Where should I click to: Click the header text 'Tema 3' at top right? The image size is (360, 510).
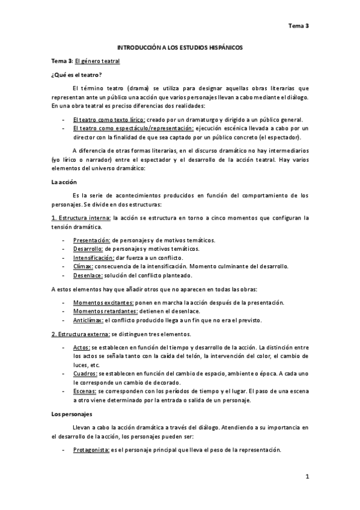[x=298, y=26]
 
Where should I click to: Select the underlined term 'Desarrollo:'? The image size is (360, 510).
[x=88, y=248]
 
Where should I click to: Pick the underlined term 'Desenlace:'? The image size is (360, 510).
[x=88, y=275]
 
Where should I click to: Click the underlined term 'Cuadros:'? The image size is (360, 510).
[x=85, y=373]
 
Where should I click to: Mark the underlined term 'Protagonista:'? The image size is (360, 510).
[x=91, y=450]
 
